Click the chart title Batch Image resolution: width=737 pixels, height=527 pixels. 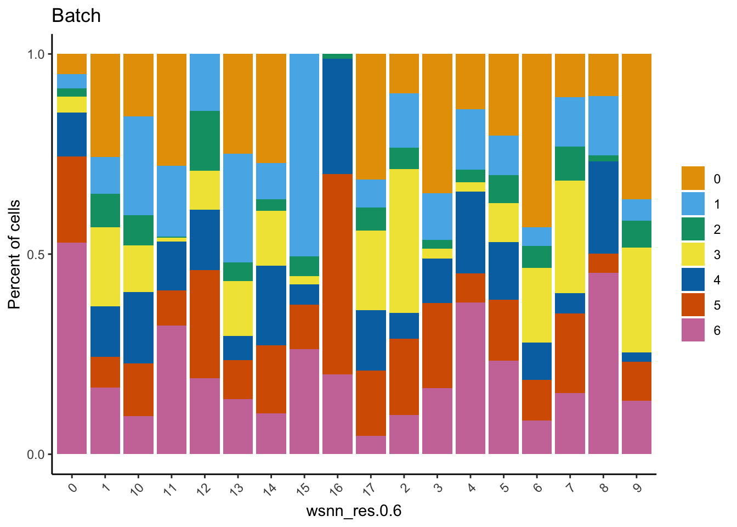76,16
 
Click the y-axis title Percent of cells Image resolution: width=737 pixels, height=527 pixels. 15,254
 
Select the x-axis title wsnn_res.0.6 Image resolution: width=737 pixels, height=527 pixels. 354,511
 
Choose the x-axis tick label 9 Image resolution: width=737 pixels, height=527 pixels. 637,486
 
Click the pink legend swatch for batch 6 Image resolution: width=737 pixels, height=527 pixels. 693,330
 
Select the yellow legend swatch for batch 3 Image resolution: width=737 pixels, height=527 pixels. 693,255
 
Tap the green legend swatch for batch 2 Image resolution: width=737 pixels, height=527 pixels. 693,229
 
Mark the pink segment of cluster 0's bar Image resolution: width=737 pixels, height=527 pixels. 72,348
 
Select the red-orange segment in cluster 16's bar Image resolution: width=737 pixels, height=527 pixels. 337,274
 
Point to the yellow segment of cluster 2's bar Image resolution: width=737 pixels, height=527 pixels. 404,241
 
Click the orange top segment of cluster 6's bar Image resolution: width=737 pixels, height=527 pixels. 537,140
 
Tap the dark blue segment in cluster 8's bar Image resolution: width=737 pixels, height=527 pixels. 603,207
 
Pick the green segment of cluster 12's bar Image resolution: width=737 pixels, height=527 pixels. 205,141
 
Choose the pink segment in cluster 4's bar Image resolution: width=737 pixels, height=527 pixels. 470,378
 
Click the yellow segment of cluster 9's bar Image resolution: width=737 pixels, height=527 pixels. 637,300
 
